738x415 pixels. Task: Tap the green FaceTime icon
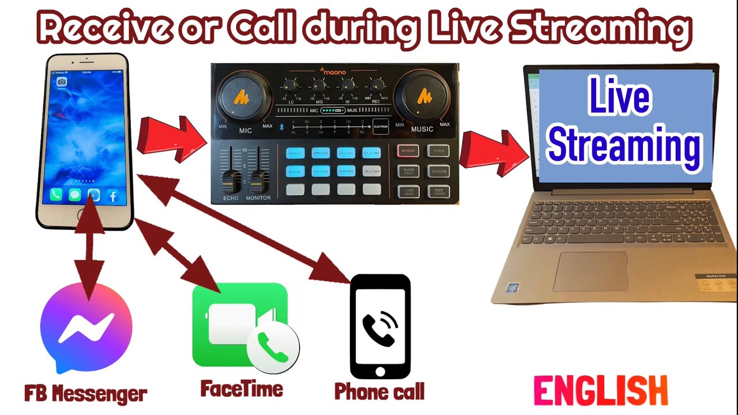240,325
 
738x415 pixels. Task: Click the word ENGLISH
600,391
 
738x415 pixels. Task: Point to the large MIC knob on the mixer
244,97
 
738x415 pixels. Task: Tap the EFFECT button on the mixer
408,152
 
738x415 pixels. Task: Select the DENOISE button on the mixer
438,172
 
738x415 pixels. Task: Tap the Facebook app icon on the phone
112,195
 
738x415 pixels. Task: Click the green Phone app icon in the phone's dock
56,195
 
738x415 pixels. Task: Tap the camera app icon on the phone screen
62,82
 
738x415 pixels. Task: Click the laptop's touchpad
590,271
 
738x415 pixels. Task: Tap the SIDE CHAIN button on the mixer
438,191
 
